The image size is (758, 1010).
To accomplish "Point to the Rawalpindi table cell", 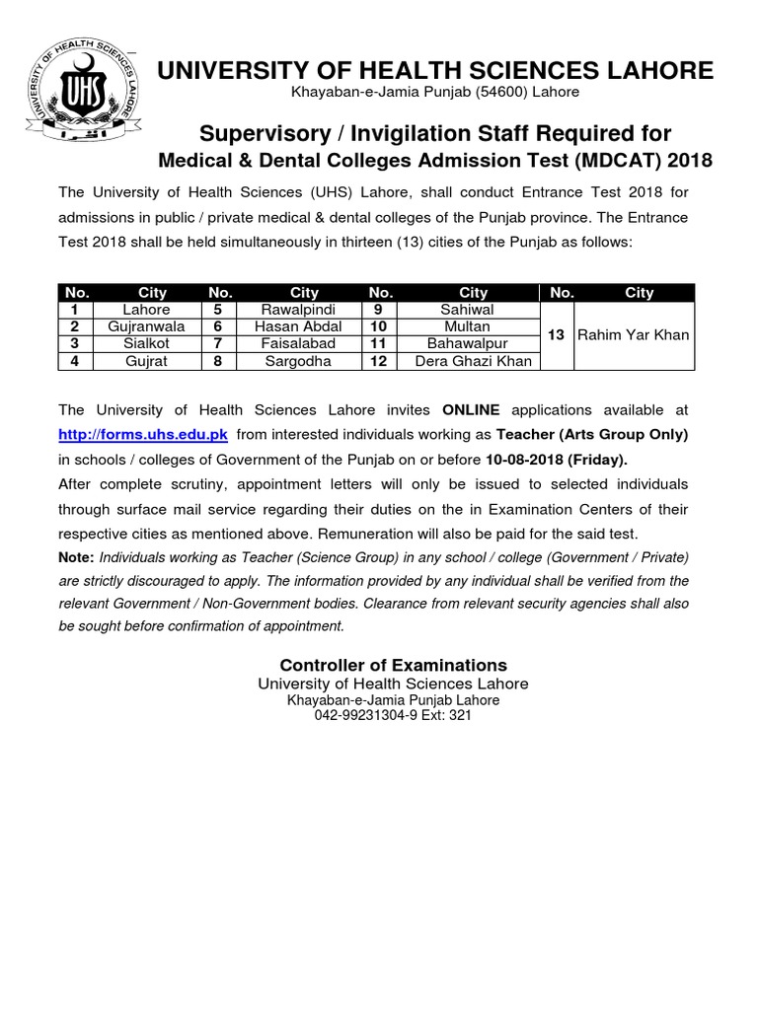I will pos(304,310).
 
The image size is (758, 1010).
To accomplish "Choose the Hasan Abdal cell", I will pos(304,326).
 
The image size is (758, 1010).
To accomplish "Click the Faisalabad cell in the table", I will pos(304,343).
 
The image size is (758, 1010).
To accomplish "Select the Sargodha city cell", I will pos(304,361).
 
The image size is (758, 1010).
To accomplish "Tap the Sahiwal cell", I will pos(473,310).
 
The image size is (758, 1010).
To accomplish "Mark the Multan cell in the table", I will pos(473,326).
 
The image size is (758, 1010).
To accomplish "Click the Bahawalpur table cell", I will pos(473,343).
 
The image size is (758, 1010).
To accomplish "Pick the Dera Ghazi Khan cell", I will pos(473,361).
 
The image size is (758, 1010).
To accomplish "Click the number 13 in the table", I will pos(556,335).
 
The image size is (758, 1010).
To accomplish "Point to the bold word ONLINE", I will pos(471,409).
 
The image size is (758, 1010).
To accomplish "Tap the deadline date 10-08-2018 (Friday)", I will pos(556,460).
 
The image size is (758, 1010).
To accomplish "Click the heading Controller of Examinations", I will pos(393,665).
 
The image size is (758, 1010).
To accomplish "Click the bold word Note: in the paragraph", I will pos(77,557).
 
